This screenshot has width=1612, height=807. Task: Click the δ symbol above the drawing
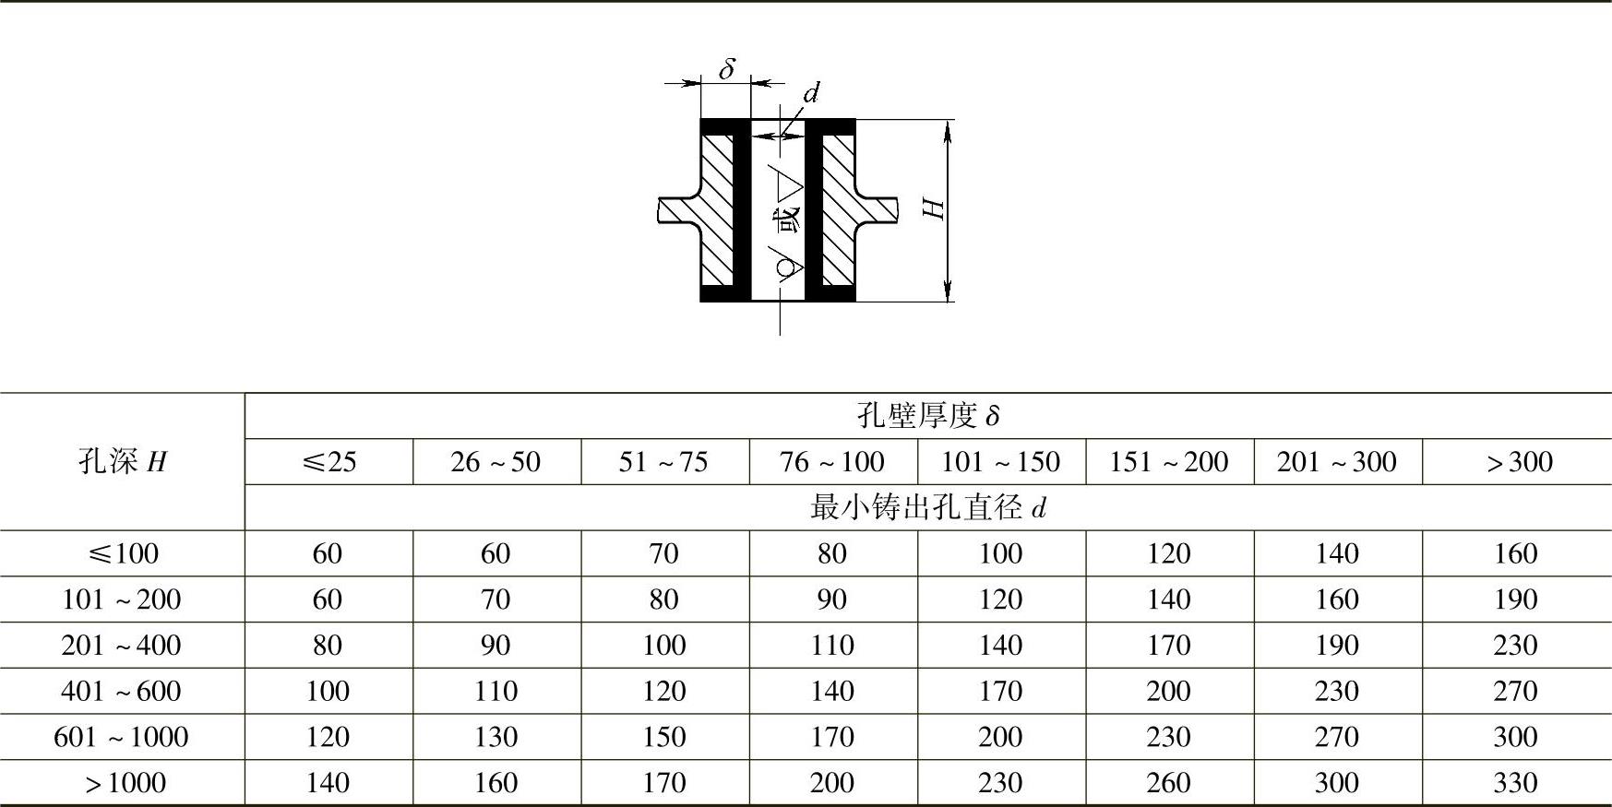pyautogui.click(x=727, y=69)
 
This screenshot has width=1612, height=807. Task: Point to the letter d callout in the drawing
pyautogui.click(x=811, y=93)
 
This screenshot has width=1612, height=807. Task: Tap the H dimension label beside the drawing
pyautogui.click(x=935, y=208)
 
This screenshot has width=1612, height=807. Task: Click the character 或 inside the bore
pyautogui.click(x=787, y=222)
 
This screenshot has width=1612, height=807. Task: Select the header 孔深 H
pyautogui.click(x=123, y=461)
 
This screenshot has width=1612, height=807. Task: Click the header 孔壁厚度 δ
pyautogui.click(x=927, y=416)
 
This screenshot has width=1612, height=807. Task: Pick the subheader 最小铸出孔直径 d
pyautogui.click(x=927, y=507)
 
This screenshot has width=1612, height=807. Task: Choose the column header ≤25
pyautogui.click(x=328, y=461)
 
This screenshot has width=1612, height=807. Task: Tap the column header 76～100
pyautogui.click(x=832, y=461)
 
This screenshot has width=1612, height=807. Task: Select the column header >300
pyautogui.click(x=1517, y=461)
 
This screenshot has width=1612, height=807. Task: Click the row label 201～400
pyautogui.click(x=122, y=645)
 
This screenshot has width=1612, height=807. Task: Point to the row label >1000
pyautogui.click(x=125, y=783)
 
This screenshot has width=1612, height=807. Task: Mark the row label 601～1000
pyautogui.click(x=122, y=737)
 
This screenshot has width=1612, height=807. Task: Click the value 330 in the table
pyautogui.click(x=1515, y=783)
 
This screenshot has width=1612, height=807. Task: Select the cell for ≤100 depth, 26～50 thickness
pyautogui.click(x=496, y=553)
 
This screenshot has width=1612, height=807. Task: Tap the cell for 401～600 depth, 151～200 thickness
pyautogui.click(x=1168, y=691)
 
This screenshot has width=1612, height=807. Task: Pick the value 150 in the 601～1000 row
pyautogui.click(x=663, y=737)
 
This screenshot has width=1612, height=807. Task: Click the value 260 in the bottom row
pyautogui.click(x=1168, y=783)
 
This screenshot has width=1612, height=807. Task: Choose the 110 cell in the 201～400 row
pyautogui.click(x=832, y=645)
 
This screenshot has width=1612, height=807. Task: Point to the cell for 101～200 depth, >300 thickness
pyautogui.click(x=1515, y=599)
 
